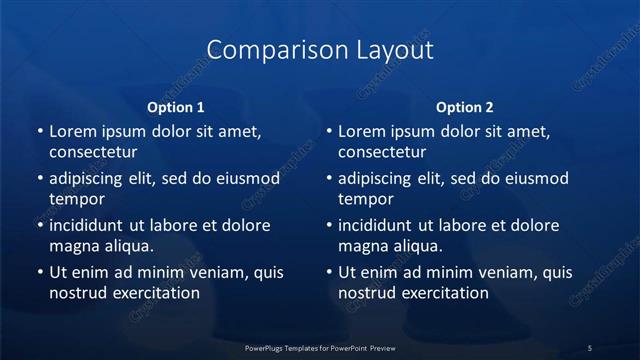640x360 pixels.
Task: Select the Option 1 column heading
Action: click(x=176, y=107)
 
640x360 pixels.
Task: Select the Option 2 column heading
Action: click(x=465, y=107)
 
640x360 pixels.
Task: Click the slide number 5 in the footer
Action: click(x=590, y=347)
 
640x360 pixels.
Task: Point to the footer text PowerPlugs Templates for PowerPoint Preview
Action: click(x=320, y=347)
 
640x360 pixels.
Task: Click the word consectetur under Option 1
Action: click(x=93, y=153)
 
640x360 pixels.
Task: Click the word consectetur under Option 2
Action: click(x=382, y=153)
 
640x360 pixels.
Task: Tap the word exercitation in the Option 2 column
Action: click(x=444, y=293)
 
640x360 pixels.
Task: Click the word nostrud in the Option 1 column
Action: click(x=77, y=293)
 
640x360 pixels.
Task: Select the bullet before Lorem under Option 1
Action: click(x=39, y=132)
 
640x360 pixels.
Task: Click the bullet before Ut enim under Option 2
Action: click(x=328, y=272)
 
